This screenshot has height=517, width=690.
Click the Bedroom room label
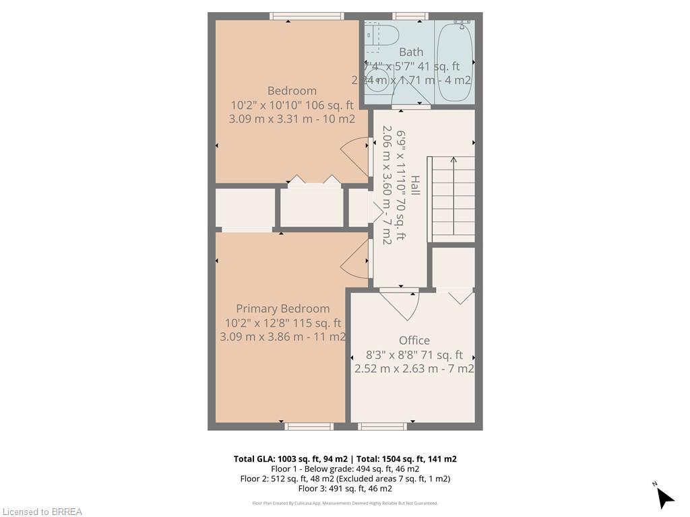pos(292,91)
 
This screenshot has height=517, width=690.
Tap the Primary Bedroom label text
pos(283,308)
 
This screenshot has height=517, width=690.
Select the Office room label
pos(414,340)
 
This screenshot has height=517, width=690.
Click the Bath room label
pos(411,52)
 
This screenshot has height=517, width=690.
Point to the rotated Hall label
pos(416,186)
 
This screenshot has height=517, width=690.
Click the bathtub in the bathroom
pos(455,61)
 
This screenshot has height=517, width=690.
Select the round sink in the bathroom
pos(377,79)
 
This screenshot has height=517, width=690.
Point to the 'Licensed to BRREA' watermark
pos(41,512)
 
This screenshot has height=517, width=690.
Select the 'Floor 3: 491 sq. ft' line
pos(345,488)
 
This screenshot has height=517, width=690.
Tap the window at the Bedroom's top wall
pos(307,16)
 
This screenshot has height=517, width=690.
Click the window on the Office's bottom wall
pos(382,426)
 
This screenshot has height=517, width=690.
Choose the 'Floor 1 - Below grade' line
pos(345,469)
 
